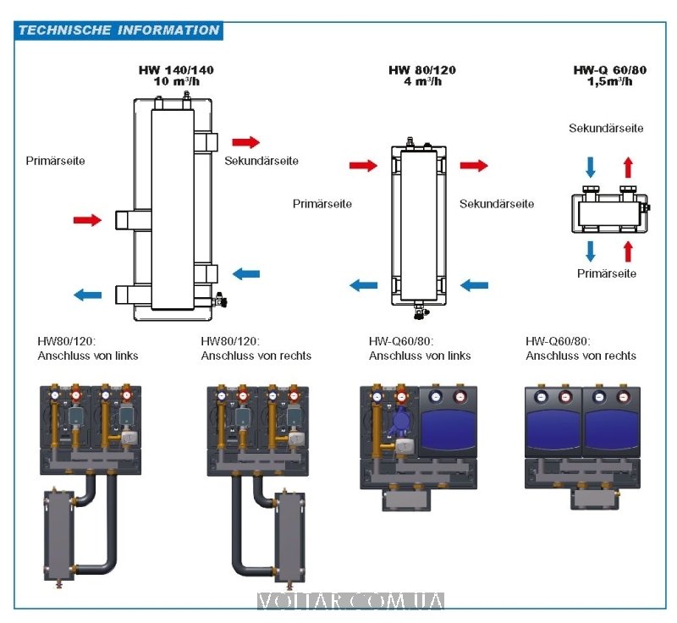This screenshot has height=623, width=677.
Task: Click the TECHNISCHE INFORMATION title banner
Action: point(118,30)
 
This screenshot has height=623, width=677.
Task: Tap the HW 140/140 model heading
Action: point(176,70)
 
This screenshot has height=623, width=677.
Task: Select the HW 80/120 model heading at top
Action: point(423,70)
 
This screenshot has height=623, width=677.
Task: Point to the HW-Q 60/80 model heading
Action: point(609,70)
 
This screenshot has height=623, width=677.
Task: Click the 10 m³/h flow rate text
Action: point(176,82)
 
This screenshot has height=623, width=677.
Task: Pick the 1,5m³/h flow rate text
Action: point(609,82)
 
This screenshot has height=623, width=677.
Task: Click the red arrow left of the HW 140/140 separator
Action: point(86,220)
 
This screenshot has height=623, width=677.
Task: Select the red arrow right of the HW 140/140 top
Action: point(246,142)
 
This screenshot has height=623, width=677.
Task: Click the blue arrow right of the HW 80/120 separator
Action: point(475,285)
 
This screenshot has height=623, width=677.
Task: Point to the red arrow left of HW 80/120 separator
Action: point(363,166)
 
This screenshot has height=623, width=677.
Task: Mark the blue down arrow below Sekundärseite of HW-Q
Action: point(591,164)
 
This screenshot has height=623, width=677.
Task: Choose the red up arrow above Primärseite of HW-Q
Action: point(627,251)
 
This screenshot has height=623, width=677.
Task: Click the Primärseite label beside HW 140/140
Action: point(55,160)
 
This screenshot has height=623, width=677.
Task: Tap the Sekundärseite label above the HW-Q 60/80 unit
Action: point(606,129)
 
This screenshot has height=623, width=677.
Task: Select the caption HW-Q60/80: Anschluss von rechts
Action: point(581,349)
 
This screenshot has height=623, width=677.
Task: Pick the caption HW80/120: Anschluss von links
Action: point(88,349)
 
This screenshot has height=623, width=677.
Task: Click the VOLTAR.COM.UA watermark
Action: point(350,602)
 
